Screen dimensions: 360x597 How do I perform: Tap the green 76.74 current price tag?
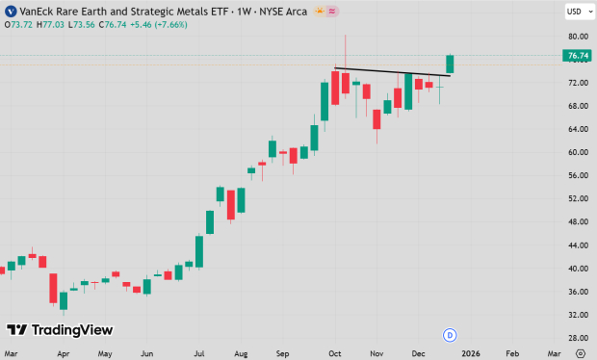578,56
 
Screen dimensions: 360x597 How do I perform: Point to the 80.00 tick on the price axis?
577,37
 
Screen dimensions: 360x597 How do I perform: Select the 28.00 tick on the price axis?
577,338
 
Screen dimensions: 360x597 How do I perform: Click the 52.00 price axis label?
577,198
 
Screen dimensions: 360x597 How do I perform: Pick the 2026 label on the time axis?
470,353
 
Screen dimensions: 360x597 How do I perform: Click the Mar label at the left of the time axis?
12,353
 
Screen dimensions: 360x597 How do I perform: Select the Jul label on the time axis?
198,353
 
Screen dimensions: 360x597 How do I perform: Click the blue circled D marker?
449,334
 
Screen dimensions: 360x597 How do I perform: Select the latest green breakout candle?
449,64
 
